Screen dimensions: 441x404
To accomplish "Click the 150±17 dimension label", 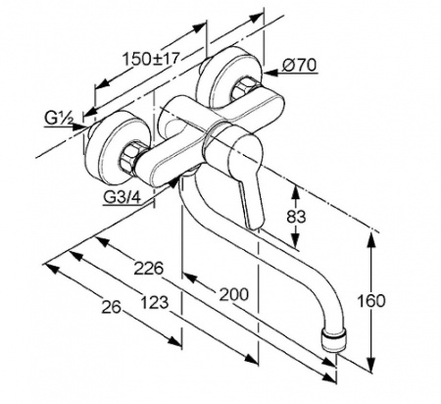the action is click(x=151, y=59).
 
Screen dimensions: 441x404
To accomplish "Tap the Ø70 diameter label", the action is click(x=300, y=65).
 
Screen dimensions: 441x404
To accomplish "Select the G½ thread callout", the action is click(x=59, y=119).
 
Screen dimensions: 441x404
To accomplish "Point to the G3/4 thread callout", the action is click(x=122, y=197).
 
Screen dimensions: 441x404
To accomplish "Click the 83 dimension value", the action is click(x=296, y=217).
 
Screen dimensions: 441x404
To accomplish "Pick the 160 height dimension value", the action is click(x=371, y=301).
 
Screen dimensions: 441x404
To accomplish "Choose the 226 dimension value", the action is click(x=149, y=269).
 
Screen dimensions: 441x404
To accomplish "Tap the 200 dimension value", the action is click(x=233, y=294).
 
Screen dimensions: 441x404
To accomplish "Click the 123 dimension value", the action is click(x=155, y=303).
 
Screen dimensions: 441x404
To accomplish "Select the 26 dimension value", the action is click(x=111, y=307).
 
